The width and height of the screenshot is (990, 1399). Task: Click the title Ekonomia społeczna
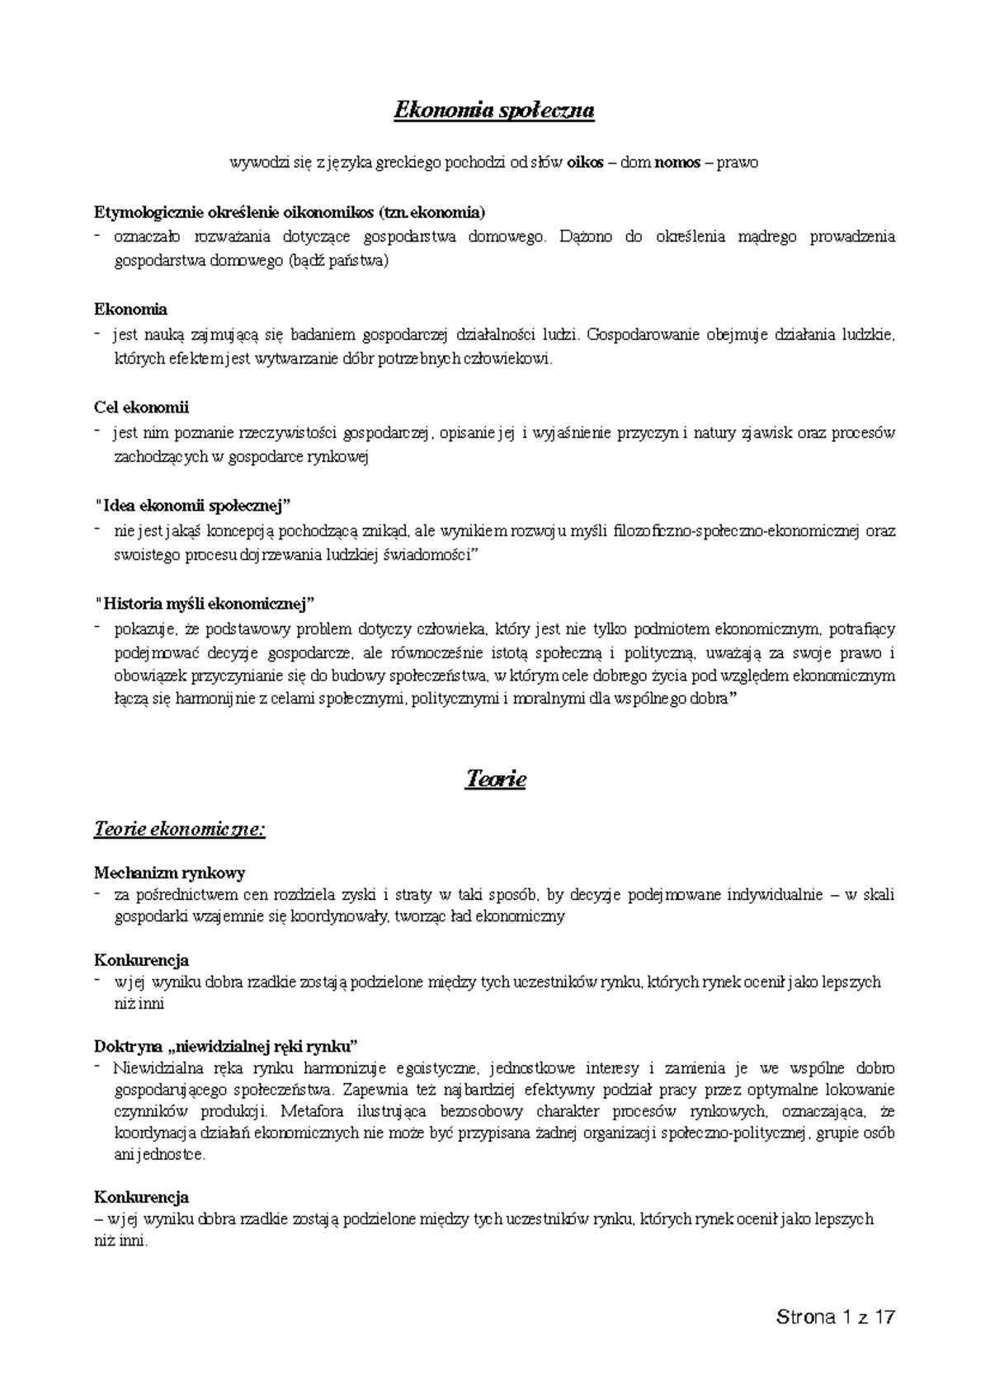point(494,111)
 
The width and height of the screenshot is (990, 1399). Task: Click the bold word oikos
point(586,163)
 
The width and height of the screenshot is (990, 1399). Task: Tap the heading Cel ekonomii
point(142,407)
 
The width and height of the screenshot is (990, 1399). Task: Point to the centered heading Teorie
point(495,779)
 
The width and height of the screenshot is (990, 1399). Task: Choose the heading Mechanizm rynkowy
point(169,873)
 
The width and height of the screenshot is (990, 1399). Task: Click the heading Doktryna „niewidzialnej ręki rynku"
point(226,1047)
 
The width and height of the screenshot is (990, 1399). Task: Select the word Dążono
point(586,238)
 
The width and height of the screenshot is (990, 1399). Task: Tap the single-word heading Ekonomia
point(130,309)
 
